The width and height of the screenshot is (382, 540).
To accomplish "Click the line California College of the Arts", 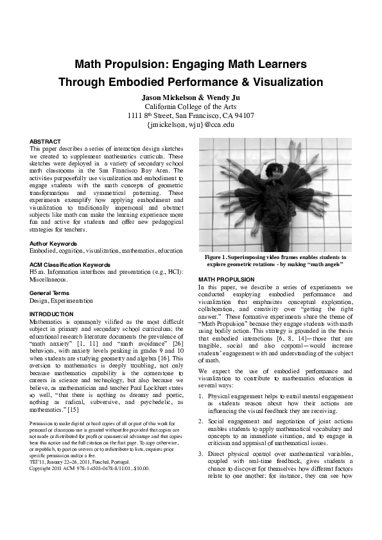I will [191, 106].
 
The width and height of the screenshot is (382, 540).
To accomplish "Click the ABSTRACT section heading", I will [46, 141].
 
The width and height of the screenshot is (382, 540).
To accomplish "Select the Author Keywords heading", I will [55, 244].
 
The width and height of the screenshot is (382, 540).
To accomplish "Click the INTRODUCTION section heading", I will [52, 314].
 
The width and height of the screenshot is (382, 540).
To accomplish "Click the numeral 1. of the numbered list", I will [202, 397].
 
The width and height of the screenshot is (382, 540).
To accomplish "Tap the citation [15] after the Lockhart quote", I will [74, 409].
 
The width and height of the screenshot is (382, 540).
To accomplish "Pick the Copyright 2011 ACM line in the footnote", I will [90, 468].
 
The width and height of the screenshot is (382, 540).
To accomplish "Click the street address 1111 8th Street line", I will [191, 115].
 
